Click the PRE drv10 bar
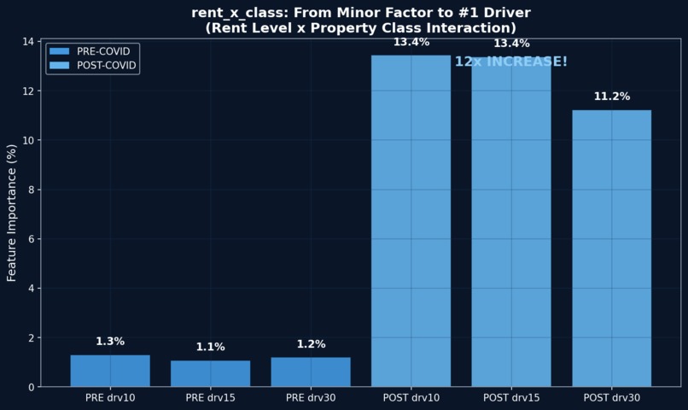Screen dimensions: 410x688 pos(110,371)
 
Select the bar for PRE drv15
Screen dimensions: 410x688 pos(210,373)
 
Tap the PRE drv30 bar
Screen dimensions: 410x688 pos(311,372)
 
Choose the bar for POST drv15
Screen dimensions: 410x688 pos(511,222)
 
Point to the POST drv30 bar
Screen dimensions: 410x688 pos(611,248)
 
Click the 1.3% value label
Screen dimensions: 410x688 pos(110,342)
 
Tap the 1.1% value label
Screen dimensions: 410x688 pos(210,347)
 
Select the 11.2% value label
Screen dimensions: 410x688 pos(611,97)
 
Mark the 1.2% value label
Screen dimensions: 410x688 pos(311,344)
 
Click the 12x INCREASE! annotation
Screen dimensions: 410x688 pos(510,61)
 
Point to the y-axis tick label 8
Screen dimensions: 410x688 pos(31,190)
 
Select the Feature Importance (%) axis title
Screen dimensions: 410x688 pos(12,213)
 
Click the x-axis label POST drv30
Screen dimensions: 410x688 pos(611,398)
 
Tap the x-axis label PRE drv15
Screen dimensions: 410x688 pos(210,398)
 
